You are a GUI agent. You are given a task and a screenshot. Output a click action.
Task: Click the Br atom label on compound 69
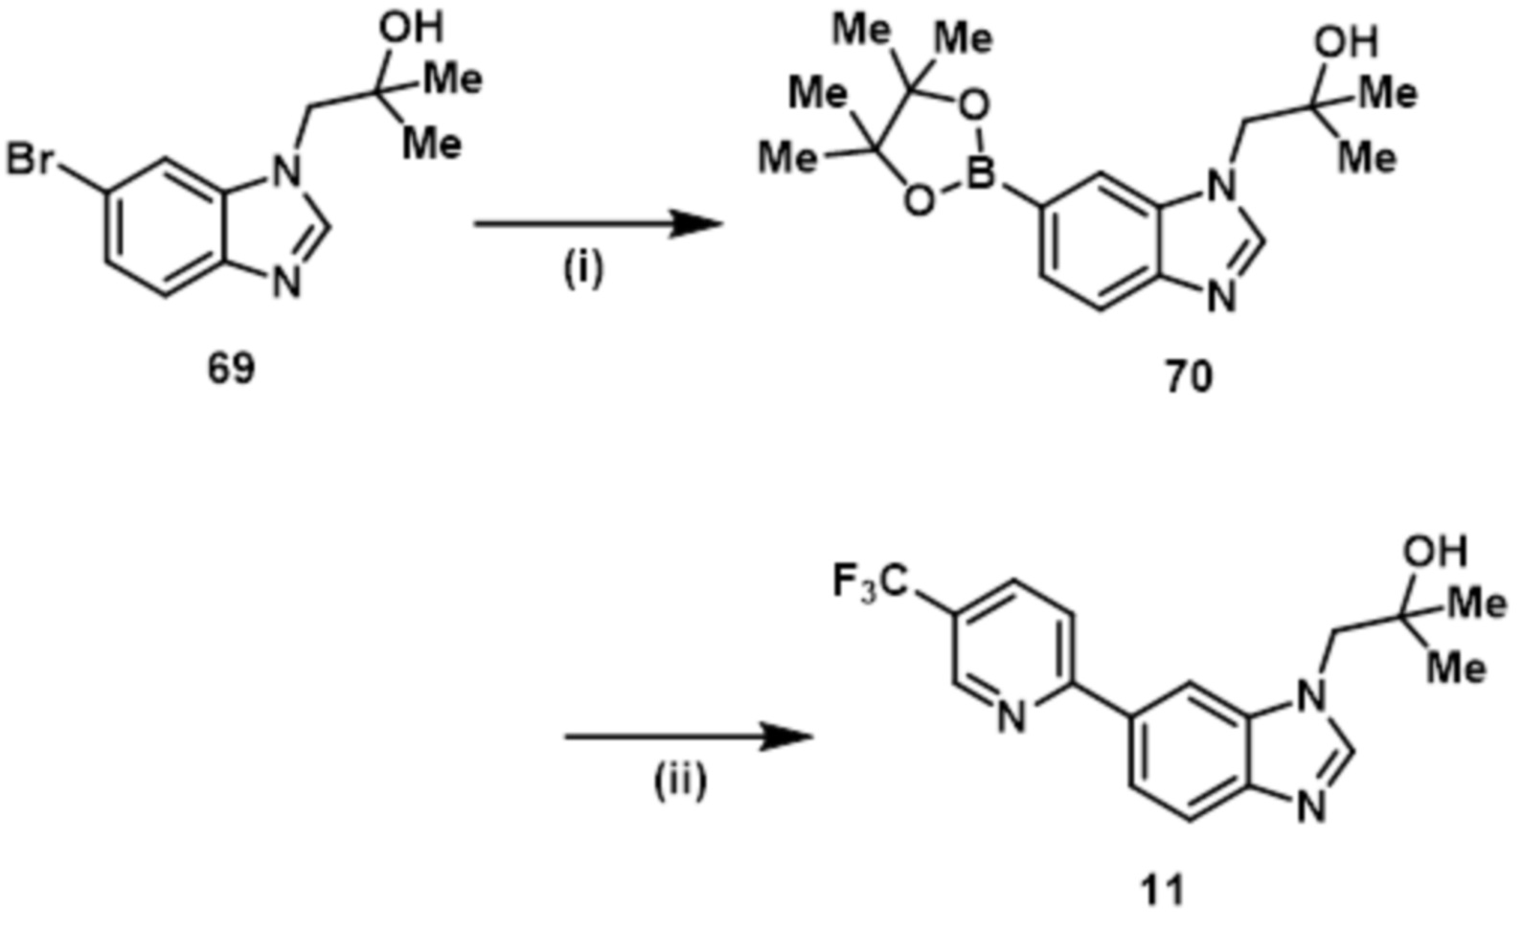(29, 161)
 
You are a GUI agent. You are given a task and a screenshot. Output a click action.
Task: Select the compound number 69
(232, 369)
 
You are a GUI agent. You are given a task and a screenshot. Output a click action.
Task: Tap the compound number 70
(1188, 378)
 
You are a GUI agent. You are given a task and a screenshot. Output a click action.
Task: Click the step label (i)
(583, 270)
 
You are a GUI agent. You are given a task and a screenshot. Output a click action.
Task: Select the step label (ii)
(680, 782)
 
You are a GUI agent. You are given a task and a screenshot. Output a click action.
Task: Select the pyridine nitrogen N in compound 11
(1010, 715)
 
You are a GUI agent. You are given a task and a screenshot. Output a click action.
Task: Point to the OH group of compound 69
(411, 29)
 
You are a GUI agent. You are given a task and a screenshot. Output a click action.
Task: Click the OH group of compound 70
(1346, 43)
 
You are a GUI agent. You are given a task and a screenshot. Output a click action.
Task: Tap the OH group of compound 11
(1434, 553)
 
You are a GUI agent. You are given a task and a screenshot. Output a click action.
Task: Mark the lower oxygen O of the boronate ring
(917, 200)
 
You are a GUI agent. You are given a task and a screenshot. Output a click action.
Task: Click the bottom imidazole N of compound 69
(287, 284)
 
